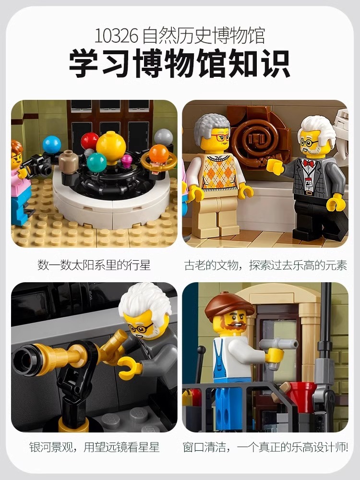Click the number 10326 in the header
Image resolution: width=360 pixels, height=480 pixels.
point(116,36)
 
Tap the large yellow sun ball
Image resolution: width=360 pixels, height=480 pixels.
point(111,146)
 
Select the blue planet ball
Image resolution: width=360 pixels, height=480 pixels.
point(52,144)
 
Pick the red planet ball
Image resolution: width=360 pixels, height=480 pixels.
point(89,141)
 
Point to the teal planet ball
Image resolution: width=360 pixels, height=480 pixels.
point(96,162)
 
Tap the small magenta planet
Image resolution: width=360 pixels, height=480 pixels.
point(126,160)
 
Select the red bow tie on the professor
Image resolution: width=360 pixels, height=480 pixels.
point(309,163)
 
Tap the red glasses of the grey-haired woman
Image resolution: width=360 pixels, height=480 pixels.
point(220,137)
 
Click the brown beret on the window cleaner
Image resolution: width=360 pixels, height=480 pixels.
point(228,306)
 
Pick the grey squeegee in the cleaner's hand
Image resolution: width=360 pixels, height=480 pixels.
point(278,344)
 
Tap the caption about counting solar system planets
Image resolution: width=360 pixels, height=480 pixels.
point(94,265)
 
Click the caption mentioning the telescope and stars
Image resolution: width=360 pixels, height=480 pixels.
point(94,447)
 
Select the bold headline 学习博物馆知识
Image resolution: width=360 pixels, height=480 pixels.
point(180,64)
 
